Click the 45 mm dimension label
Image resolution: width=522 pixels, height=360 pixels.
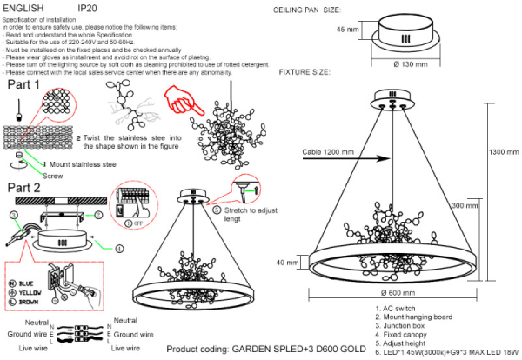[x=346, y=30]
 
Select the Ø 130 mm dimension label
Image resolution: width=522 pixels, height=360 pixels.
[x=411, y=64]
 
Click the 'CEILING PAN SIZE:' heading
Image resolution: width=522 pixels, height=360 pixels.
[x=310, y=10]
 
